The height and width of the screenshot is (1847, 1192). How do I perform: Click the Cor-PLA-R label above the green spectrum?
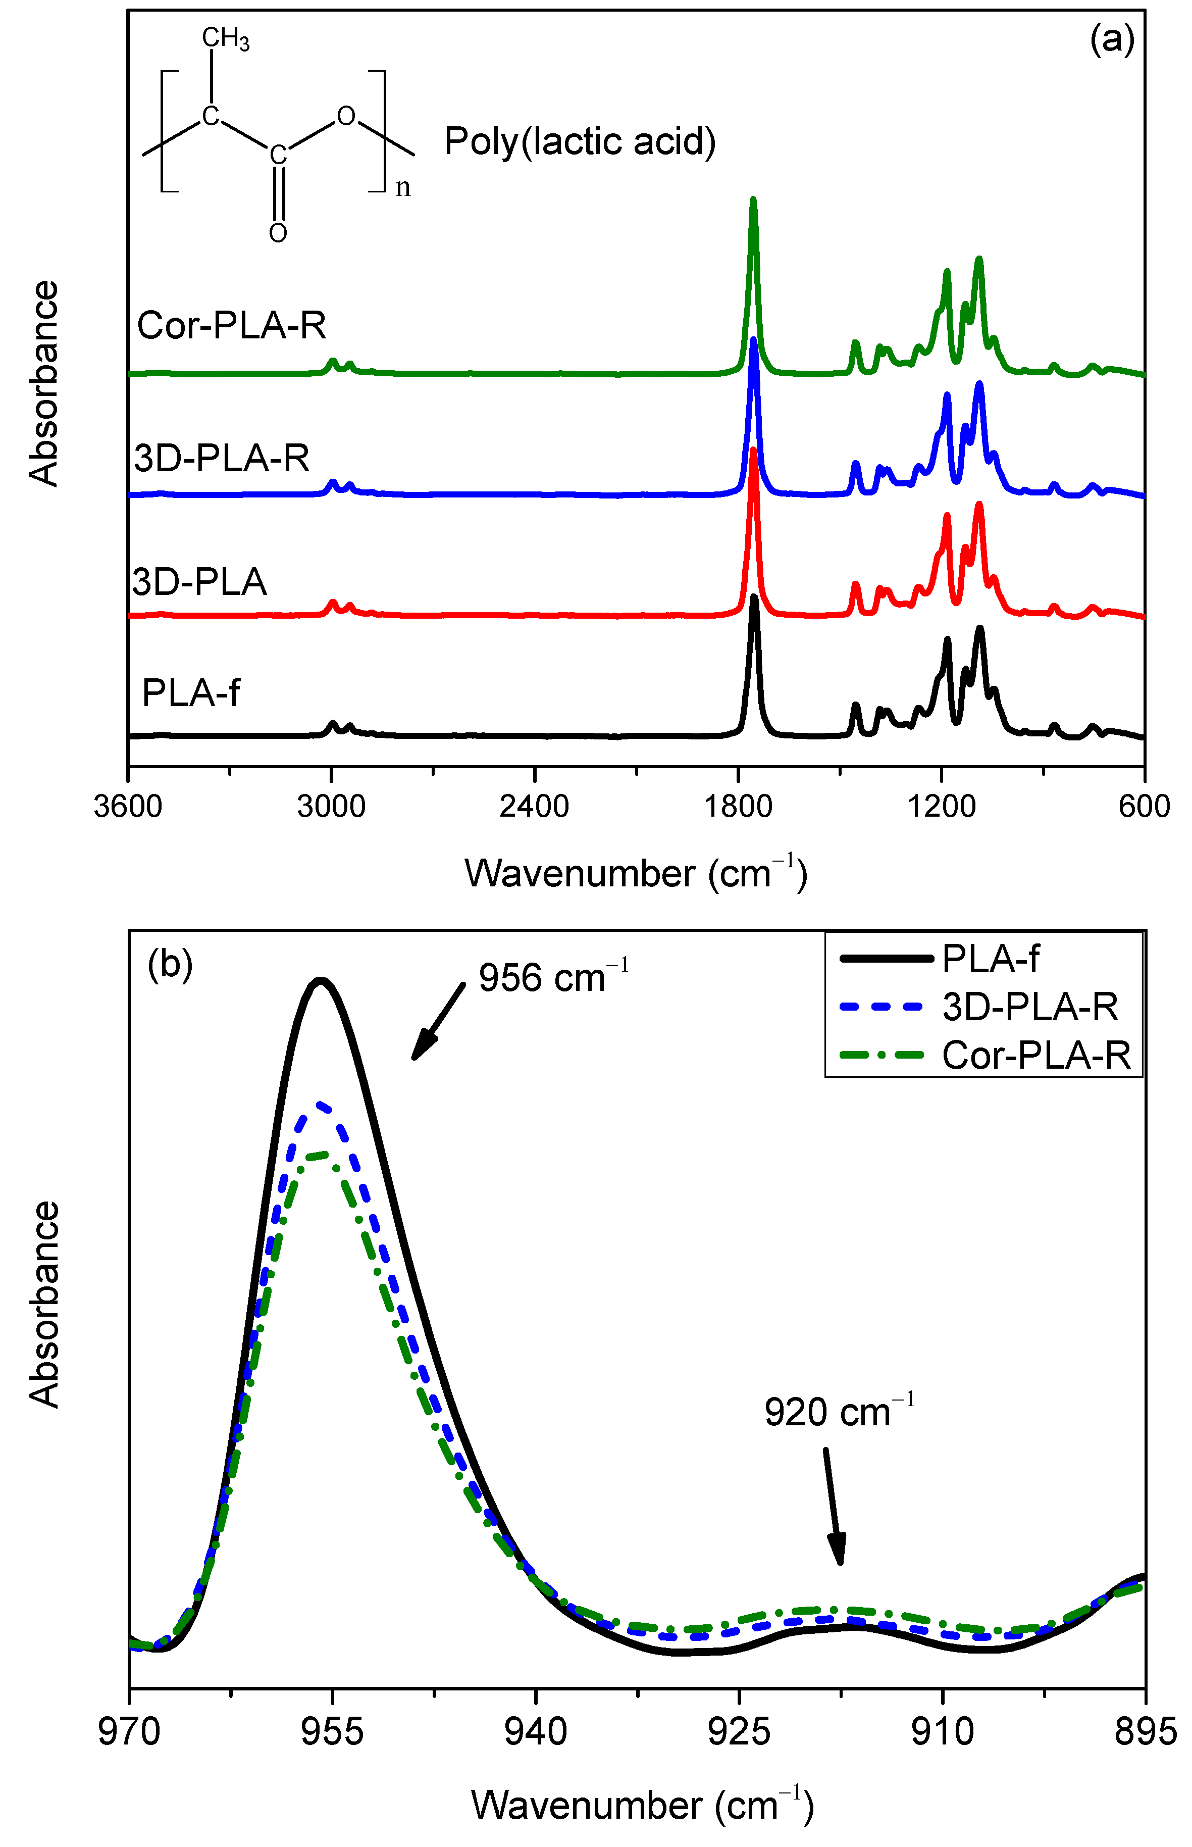coord(231,325)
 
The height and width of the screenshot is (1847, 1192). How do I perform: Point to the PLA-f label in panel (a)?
coord(191,692)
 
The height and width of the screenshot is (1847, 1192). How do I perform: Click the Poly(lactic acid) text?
coord(580,141)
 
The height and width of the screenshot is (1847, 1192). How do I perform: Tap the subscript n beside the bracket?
coord(402,188)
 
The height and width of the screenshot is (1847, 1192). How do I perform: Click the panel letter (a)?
coord(1112,38)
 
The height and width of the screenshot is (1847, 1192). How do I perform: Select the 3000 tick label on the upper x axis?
coord(331,807)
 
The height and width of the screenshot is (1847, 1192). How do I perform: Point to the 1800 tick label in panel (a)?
coord(738,807)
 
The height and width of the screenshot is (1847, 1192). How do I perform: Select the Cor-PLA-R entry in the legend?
coord(1035,1055)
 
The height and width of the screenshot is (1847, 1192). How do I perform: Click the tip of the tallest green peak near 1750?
coord(753,199)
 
